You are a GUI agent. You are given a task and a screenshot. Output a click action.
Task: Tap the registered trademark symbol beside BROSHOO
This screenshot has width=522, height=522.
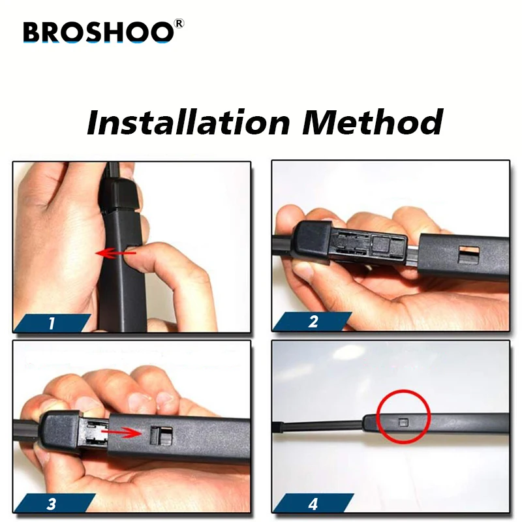[x=179, y=23]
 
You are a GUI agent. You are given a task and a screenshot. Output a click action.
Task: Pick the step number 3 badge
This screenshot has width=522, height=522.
[x=52, y=503]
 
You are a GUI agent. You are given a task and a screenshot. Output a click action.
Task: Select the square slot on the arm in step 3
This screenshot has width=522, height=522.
[x=162, y=434]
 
